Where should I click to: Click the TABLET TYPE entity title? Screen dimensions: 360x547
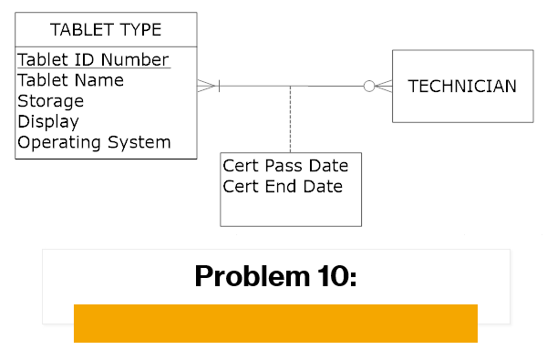tap(106, 30)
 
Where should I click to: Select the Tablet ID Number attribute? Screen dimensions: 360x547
tap(93, 60)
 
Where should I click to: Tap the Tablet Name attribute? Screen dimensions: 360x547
tap(70, 80)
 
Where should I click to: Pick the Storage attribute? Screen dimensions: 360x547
tap(50, 101)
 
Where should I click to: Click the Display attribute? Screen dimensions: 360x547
tap(48, 121)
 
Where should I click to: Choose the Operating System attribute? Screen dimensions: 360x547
tap(94, 142)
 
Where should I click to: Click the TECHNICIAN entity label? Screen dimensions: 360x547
tap(462, 87)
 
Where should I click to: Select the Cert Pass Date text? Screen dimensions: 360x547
tap(285, 167)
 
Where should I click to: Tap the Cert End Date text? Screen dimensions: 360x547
tap(283, 187)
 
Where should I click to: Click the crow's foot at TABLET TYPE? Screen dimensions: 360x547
tap(208, 87)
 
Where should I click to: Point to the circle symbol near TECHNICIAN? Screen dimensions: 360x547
tap(369, 87)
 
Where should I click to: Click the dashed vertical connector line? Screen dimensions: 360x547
tap(290, 118)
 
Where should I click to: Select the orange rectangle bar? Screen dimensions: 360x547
tap(275, 323)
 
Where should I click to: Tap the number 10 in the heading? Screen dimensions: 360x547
tap(335, 276)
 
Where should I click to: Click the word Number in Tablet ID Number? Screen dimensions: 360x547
tap(135, 60)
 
